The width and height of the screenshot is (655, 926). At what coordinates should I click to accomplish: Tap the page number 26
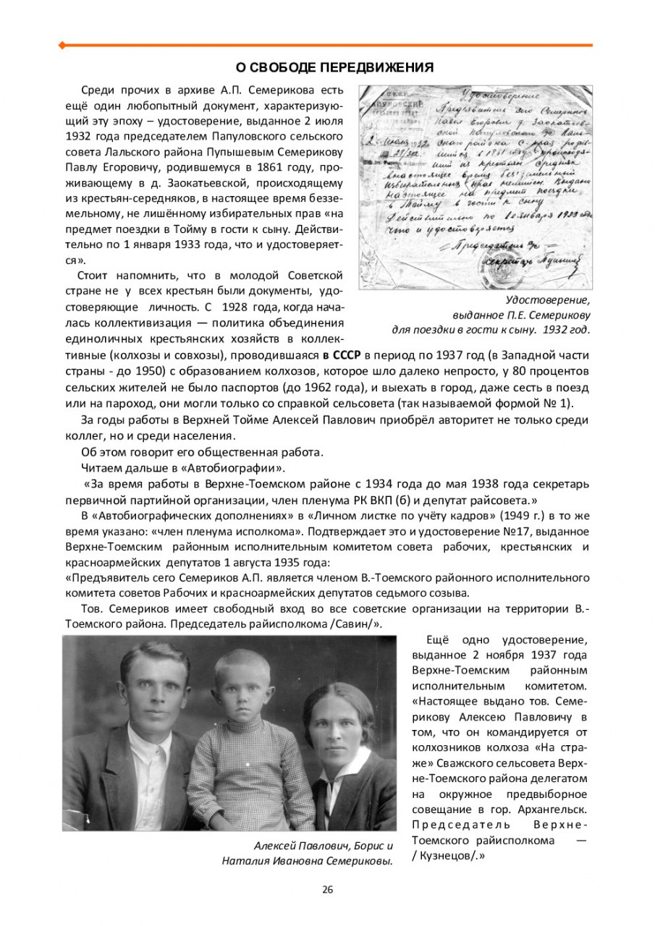coord(328,889)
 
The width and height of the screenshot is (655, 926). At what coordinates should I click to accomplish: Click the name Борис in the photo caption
coord(371,846)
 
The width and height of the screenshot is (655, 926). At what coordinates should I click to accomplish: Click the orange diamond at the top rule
coord(62,45)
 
